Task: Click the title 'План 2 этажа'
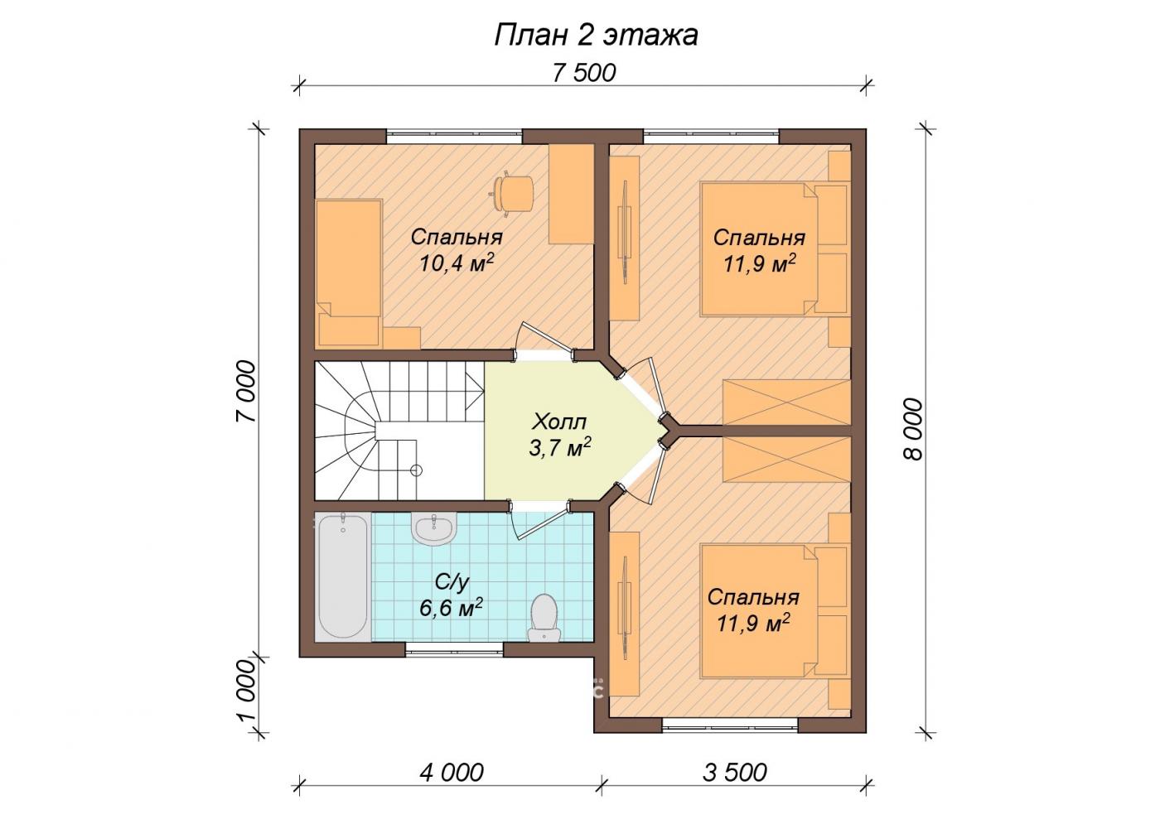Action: tap(596, 36)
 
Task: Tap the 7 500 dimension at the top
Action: tap(584, 73)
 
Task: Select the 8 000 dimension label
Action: tap(913, 429)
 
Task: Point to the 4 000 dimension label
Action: tap(452, 773)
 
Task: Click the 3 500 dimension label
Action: tap(735, 773)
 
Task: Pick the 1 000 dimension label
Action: tap(248, 692)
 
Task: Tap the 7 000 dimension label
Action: tap(246, 391)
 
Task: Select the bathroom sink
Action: tap(434, 528)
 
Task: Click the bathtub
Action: tap(343, 576)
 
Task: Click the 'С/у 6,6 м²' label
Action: tap(451, 595)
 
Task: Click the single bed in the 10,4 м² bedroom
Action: tap(349, 272)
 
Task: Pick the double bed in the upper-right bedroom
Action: tap(775, 248)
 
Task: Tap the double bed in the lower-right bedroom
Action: tap(775, 611)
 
